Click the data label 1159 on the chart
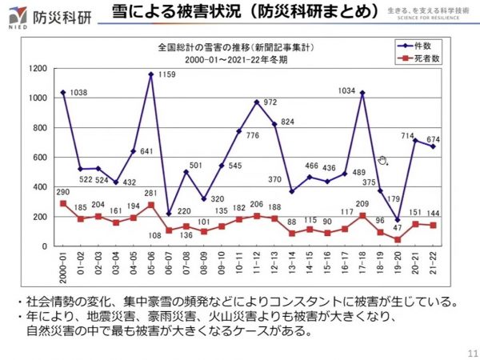tap(168, 74)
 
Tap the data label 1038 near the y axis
tap(78, 93)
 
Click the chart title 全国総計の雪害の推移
tap(212, 48)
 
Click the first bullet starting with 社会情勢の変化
tap(240, 302)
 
